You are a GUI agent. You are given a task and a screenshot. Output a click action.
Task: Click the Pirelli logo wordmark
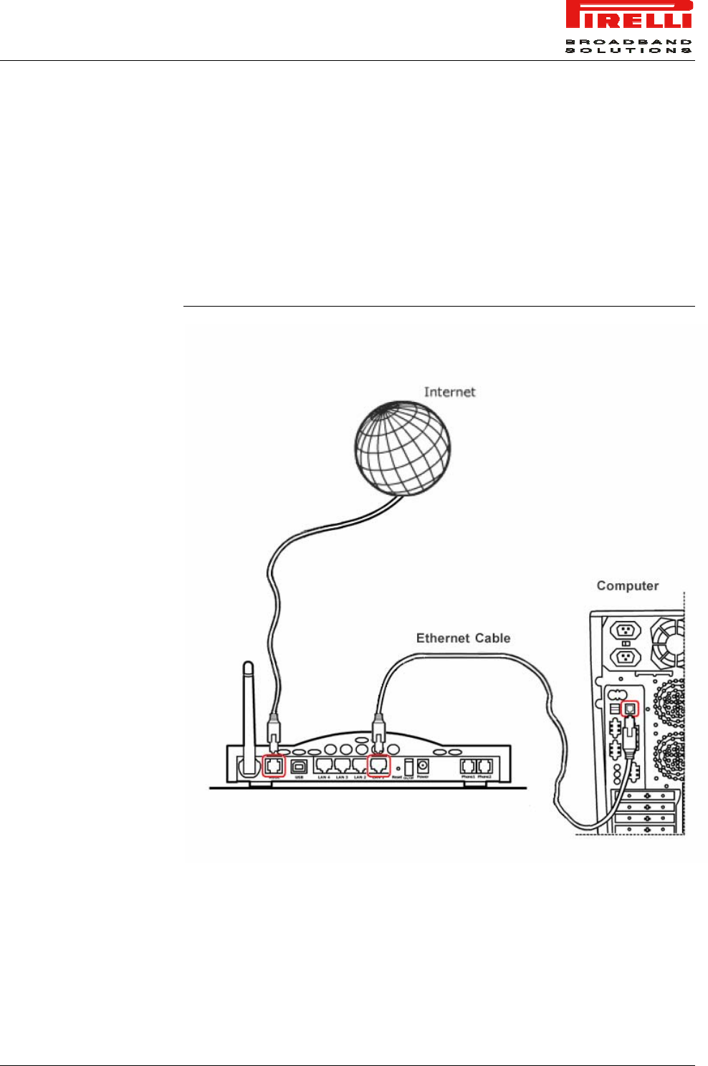(628, 16)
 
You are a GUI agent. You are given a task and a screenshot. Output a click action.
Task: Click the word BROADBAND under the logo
(628, 42)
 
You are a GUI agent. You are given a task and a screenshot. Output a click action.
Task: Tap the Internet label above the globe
(449, 392)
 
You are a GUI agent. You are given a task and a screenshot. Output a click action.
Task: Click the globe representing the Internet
(403, 446)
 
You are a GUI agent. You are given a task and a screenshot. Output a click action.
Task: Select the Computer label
(627, 586)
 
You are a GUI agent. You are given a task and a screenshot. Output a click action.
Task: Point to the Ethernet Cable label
(463, 638)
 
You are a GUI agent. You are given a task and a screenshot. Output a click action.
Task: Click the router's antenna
(248, 716)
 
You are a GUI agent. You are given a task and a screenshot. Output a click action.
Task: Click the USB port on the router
(299, 766)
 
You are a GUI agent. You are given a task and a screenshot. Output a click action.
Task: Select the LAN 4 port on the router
(324, 766)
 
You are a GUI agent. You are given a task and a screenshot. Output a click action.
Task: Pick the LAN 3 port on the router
(342, 766)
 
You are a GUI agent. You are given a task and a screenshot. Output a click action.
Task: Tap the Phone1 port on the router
(468, 766)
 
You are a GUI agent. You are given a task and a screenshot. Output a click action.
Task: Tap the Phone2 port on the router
(484, 766)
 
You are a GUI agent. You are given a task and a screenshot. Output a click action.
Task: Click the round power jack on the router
(423, 766)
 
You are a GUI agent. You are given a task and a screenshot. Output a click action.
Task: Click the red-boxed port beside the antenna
(274, 766)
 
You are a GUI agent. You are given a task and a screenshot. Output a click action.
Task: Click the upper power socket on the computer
(623, 631)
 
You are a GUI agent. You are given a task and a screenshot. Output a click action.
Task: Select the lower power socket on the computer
(623, 657)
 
